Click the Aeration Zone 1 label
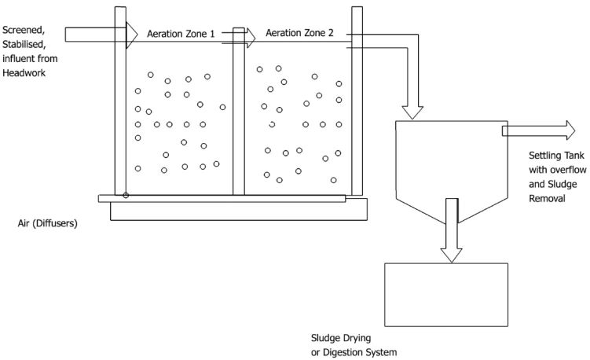[182, 34]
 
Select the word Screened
[24, 31]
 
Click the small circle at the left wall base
[125, 194]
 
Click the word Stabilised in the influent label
[24, 45]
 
